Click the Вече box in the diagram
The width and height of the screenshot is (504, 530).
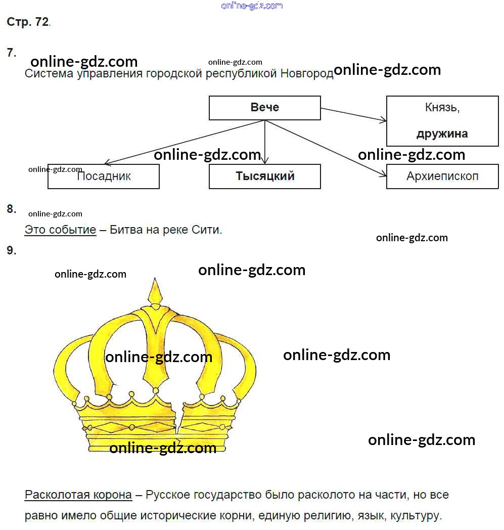point(264,108)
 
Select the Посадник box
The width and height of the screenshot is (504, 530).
point(104,176)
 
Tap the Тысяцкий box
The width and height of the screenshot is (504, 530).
point(264,176)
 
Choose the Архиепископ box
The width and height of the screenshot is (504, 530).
point(442,176)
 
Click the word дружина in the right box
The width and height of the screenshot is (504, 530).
point(442,134)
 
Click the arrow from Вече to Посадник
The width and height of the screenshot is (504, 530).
point(182,143)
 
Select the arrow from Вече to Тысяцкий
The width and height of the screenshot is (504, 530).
point(265,142)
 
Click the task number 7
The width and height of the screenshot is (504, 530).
point(11,53)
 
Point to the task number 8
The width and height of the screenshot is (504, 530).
point(11,209)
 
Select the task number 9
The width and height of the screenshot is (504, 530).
point(11,250)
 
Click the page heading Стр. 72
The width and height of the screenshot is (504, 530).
point(28,22)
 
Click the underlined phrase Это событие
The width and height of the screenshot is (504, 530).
point(60,230)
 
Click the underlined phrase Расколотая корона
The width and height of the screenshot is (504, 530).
point(78,495)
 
